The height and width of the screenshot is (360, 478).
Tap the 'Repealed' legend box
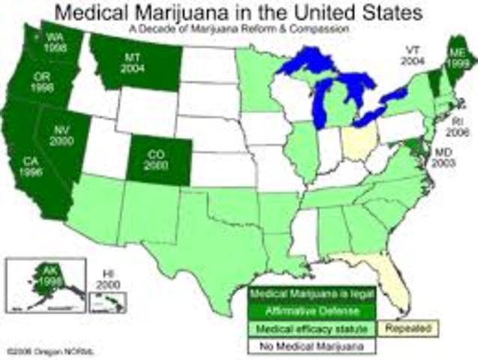[x=411, y=328]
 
